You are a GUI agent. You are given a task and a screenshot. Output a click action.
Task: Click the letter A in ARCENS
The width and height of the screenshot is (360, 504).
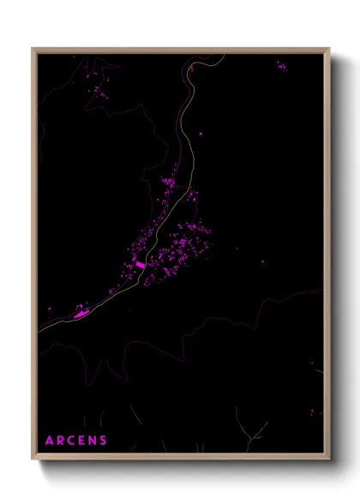(49, 441)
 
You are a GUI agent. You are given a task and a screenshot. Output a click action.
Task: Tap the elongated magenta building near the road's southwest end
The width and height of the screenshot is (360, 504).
(82, 315)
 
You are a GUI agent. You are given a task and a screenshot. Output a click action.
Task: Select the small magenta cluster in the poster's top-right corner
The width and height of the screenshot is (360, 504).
(281, 65)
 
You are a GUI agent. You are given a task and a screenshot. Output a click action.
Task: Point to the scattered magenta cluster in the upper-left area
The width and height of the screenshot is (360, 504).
(100, 90)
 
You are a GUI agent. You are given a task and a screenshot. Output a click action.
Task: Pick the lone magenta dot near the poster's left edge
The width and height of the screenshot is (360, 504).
(51, 309)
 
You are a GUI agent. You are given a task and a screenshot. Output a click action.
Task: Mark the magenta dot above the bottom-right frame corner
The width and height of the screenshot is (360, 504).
(312, 412)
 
